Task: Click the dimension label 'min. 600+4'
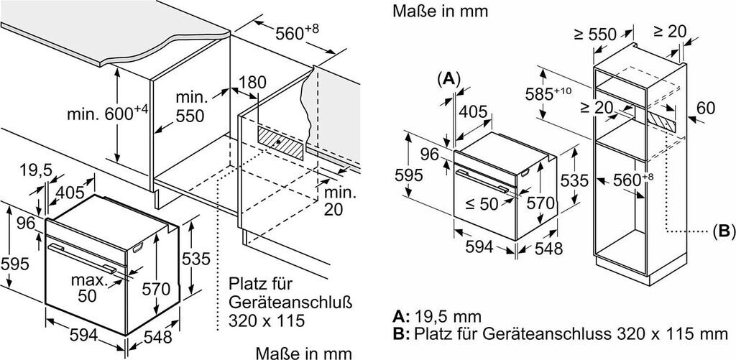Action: (x=107, y=113)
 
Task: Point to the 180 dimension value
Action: (x=252, y=83)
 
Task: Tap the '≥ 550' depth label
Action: (x=594, y=34)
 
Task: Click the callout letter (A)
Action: (x=448, y=79)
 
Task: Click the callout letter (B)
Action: (x=722, y=231)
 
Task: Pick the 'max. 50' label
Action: (x=89, y=287)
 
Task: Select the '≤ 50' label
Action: (x=482, y=203)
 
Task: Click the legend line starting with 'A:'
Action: (x=437, y=317)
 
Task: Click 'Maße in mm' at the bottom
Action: (x=304, y=353)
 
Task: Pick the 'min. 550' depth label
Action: (x=191, y=107)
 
